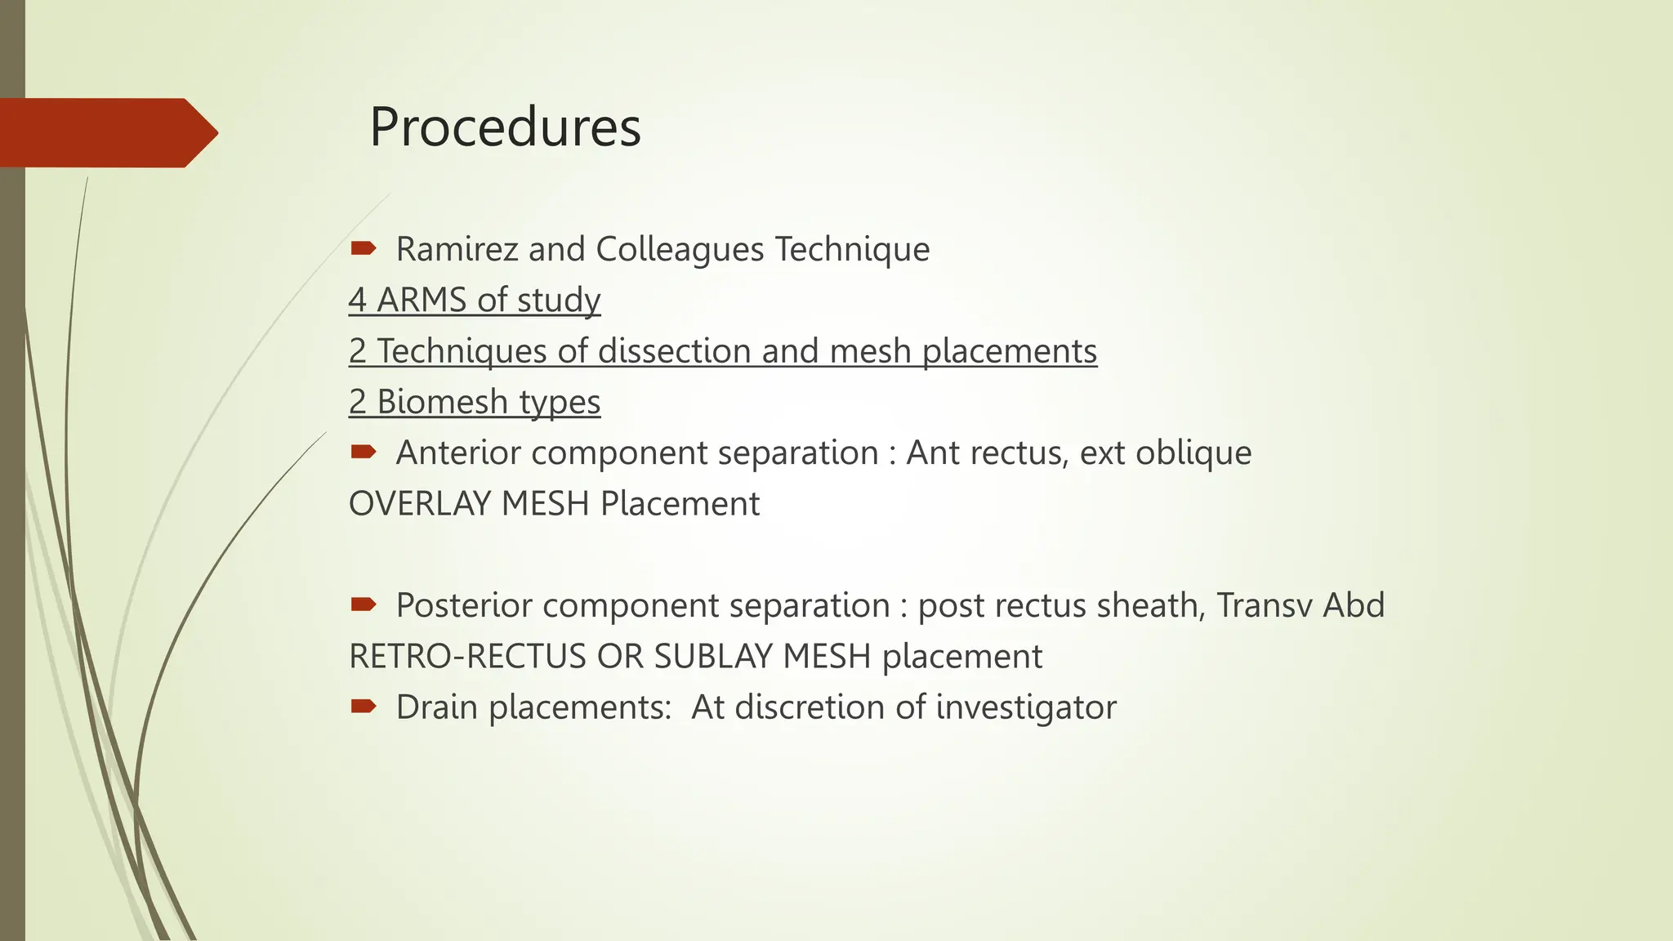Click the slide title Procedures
coord(505,127)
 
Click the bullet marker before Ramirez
coord(363,248)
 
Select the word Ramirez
coord(457,249)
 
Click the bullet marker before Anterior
coord(363,451)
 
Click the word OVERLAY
coord(420,503)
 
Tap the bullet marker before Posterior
coord(363,604)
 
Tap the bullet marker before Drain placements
coord(363,706)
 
